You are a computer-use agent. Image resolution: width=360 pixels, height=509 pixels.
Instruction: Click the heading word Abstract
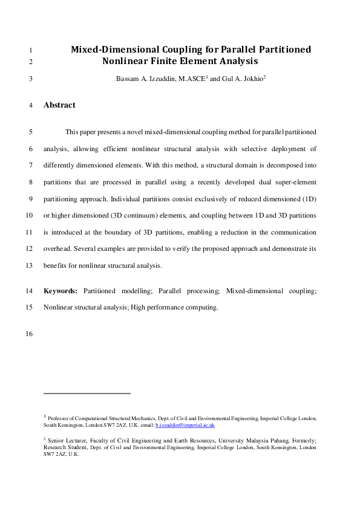(x=59, y=105)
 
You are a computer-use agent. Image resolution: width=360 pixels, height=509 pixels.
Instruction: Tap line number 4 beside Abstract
(x=30, y=106)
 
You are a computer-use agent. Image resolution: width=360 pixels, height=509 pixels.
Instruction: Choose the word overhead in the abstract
(x=59, y=249)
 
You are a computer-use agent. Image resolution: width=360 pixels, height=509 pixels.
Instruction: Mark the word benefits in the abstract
(x=57, y=266)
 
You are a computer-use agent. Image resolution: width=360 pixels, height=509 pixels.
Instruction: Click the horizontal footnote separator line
(x=87, y=394)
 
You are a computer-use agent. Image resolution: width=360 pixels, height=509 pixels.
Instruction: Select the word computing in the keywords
(x=201, y=307)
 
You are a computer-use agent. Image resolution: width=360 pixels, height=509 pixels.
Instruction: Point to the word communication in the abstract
(x=292, y=232)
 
